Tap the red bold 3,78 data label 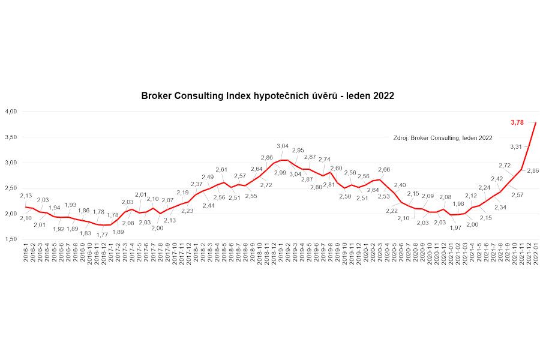pos(517,122)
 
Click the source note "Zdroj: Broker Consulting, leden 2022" pos(442,137)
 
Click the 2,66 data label pos(384,170)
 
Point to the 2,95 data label pos(298,151)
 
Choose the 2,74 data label pos(324,160)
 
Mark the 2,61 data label pos(221,170)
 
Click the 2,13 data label pos(26,196)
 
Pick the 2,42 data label pos(497,178)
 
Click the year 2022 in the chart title pos(382,95)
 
